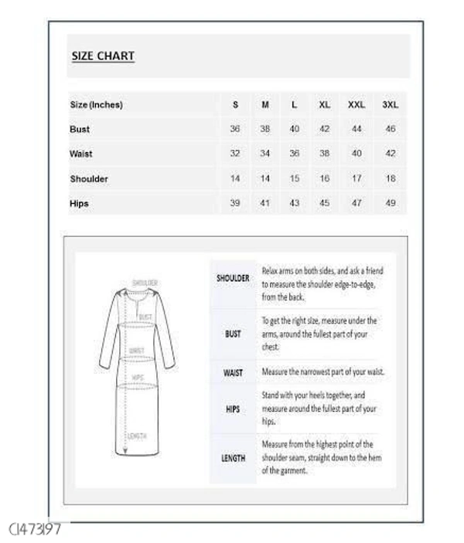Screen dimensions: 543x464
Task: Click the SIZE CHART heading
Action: click(103, 56)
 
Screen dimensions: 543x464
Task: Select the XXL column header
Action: click(357, 104)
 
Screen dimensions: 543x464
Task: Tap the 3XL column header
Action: click(390, 104)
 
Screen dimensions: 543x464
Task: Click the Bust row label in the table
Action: click(80, 129)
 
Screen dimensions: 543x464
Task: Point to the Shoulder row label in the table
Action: click(89, 178)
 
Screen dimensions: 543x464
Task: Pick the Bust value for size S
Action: click(235, 129)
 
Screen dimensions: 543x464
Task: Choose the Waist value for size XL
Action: click(324, 154)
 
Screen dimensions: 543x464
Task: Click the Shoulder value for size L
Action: click(294, 178)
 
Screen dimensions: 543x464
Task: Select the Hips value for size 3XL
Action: click(390, 203)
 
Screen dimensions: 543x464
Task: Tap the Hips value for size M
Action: click(264, 203)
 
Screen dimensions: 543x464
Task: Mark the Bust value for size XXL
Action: click(357, 129)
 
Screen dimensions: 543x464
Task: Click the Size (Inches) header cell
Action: click(96, 104)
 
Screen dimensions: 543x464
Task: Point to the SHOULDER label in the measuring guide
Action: click(233, 278)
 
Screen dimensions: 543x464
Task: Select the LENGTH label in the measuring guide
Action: click(233, 458)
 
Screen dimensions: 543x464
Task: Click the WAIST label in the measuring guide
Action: click(233, 372)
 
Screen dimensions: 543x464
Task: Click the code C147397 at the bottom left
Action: click(35, 529)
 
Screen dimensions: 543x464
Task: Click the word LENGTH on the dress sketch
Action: click(137, 436)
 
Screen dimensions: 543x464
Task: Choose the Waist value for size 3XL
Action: click(390, 154)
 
